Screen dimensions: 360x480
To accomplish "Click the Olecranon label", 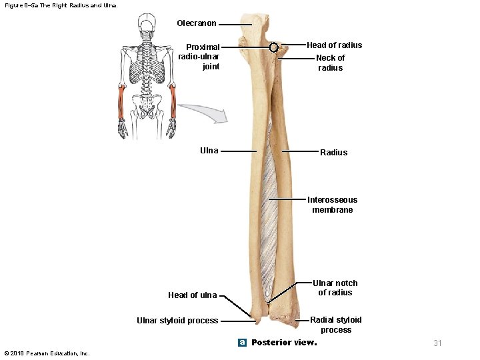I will [197, 23].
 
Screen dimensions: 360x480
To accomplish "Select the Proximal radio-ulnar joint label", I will [203, 57].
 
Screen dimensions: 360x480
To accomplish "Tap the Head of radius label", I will [334, 45].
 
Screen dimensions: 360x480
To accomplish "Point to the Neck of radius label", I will [330, 63].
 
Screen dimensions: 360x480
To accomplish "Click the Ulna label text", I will [209, 151].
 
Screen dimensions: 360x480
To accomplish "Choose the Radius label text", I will [333, 153].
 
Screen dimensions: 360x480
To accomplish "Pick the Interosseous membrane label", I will [332, 205].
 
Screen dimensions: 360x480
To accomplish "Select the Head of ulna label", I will [192, 295].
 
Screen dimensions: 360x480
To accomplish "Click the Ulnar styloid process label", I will [177, 321].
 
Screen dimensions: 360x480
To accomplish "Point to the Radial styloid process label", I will [335, 325].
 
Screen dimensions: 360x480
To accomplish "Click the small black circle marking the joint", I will [273, 48].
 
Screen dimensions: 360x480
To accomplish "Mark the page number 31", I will [437, 343].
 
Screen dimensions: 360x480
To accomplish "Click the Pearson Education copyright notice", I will [47, 353].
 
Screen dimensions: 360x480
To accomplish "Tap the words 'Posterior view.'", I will [284, 343].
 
